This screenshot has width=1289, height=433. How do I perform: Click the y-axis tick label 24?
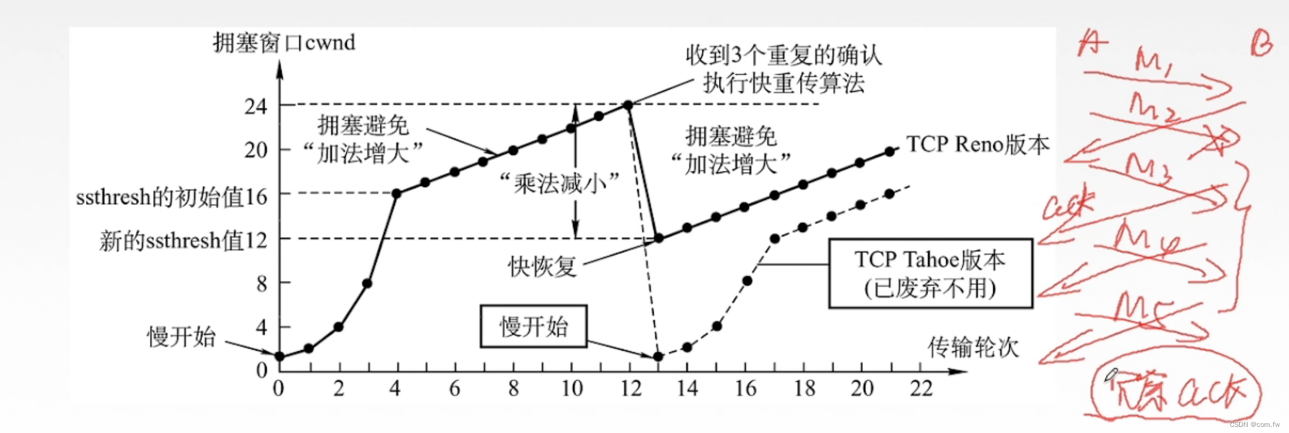pos(256,107)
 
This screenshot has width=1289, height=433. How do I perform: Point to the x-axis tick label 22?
pos(921,388)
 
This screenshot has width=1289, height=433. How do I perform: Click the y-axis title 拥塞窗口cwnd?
pos(284,43)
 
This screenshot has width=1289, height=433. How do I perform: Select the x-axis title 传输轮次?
pos(973,347)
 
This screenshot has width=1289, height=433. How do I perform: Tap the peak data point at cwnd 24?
pos(628,105)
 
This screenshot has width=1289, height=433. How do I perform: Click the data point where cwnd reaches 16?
pos(396,193)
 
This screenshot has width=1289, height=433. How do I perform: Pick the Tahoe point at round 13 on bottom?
pos(658,356)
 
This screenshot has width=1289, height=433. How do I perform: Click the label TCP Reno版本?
pos(977,145)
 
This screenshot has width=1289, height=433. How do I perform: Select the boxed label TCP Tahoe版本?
pos(930,273)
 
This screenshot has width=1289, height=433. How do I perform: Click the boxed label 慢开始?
pos(534,326)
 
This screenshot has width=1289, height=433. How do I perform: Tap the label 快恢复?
pos(542,267)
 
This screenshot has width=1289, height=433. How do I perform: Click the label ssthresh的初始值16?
pos(171,197)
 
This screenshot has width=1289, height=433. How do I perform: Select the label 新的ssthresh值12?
pos(183,241)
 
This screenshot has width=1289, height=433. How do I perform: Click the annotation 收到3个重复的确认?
pos(784,55)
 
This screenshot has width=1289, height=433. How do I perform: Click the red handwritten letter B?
pos(1261,44)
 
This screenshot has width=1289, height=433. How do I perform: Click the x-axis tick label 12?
pos(631,388)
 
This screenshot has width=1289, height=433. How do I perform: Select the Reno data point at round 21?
pos(889,151)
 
